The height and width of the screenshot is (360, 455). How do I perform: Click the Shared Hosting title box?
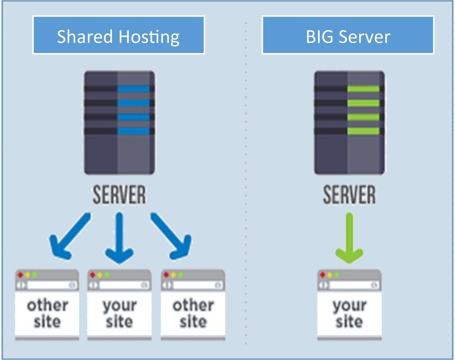[x=119, y=35]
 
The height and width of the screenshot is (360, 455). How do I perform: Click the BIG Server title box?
[x=348, y=35]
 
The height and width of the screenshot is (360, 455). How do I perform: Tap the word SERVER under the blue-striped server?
[x=119, y=195]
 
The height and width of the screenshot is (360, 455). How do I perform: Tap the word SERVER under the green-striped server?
[x=349, y=195]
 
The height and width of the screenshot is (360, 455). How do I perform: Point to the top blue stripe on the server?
[x=134, y=89]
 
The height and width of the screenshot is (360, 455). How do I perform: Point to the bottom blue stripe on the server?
[x=134, y=131]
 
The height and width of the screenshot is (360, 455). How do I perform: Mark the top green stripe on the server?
[x=363, y=89]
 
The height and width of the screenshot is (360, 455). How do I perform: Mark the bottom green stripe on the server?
[x=363, y=131]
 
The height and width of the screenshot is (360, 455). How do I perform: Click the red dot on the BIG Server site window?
[x=323, y=275]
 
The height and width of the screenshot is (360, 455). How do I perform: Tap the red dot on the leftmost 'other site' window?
[x=21, y=275]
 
